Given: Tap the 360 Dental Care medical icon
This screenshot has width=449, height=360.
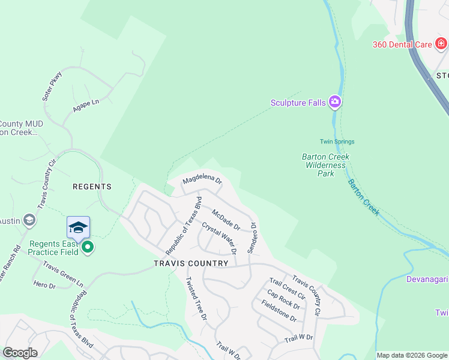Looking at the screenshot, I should (441, 44).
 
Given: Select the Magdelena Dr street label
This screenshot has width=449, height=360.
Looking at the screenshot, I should (202, 179).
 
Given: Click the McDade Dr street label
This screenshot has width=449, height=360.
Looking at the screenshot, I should (226, 219).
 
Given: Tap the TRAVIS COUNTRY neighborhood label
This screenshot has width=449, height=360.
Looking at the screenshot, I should (191, 263).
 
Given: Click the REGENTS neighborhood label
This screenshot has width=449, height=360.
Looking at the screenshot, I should (92, 187).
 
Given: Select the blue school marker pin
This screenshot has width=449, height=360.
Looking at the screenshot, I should (78, 228).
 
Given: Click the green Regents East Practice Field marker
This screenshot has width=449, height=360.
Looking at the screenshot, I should (88, 247).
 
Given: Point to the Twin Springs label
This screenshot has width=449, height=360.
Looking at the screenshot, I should (337, 142).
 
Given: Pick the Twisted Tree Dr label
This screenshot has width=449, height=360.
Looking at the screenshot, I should (196, 298).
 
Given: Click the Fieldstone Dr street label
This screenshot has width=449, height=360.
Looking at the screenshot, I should (279, 310).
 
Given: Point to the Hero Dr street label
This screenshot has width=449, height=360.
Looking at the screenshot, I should (44, 285).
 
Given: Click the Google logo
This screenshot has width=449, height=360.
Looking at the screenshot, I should (20, 353).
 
